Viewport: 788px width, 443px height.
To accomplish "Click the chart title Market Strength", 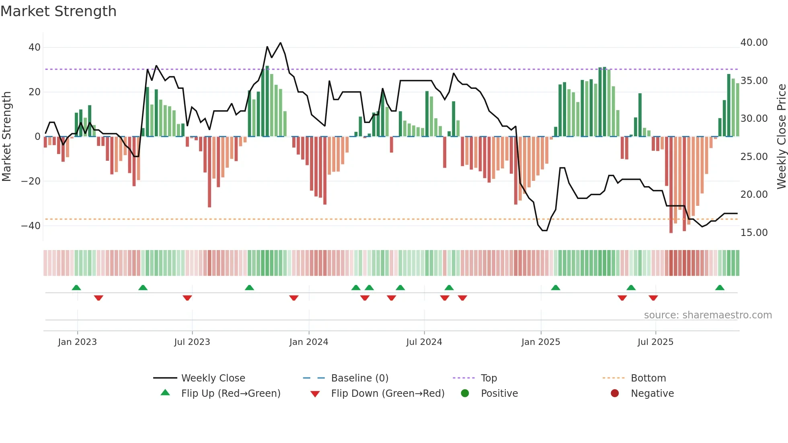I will pos(59,11).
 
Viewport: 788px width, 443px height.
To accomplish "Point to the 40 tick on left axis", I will pos(35,47).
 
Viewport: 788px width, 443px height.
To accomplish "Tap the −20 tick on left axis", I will pos(31,181).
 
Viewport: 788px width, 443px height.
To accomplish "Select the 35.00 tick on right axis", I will pos(754,81).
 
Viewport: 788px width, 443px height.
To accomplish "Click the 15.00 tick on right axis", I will pos(754,233).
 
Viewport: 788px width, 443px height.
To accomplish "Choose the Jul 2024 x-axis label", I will pos(424,342).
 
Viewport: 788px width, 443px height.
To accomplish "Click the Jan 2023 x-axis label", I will pos(77,342).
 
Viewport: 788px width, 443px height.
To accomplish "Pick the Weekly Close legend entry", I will pos(213,378).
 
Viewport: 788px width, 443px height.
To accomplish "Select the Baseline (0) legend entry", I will pos(359,378).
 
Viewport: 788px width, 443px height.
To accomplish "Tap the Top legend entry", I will pos(488,378).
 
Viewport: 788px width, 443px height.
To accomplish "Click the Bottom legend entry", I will pos(648,378).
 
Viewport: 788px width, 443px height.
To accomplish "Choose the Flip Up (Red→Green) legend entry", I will pos(230,394).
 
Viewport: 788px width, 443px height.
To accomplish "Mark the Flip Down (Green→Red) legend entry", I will pos(388,394).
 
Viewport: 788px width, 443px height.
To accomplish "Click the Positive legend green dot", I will pos(465,394).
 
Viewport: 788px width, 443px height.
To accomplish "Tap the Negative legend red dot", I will pos(615,394).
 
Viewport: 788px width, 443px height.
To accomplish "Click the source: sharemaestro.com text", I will pos(708,315).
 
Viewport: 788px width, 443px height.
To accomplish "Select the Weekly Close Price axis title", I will pos(781,137).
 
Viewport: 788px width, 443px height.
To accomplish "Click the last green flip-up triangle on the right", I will pos(720,287).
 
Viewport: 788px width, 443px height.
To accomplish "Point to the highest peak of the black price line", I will pos(280,43).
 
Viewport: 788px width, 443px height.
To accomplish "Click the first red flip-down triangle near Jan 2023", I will pos(98,298).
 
